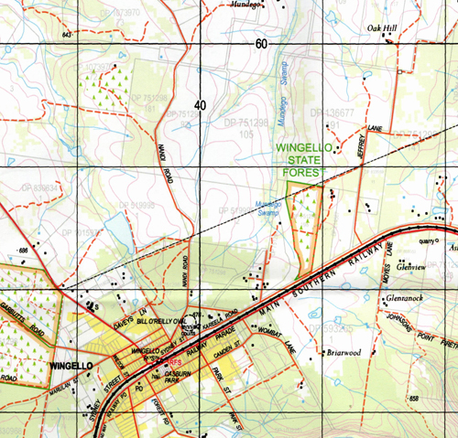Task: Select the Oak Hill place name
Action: tap(383, 28)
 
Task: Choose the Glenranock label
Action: tap(407, 298)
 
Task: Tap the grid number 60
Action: tap(262, 45)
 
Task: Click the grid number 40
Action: tap(201, 104)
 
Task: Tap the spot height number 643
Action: tap(67, 34)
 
